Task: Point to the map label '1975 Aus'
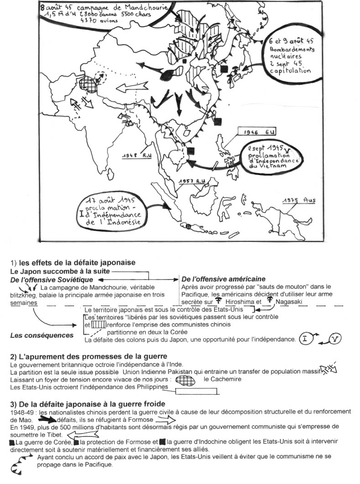tap(299, 200)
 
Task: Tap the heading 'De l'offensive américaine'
tap(224, 279)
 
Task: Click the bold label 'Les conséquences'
tap(42, 336)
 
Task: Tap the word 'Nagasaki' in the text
tap(288, 302)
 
